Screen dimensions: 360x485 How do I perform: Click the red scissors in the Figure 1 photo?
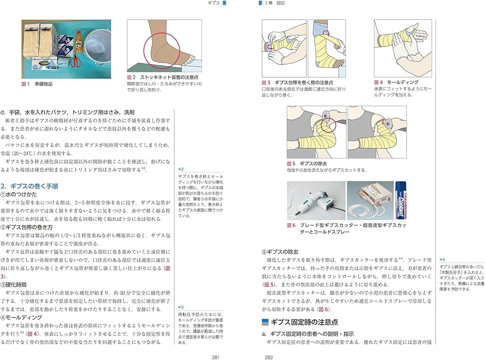click(74, 62)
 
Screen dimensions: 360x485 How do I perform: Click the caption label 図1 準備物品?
click(38, 84)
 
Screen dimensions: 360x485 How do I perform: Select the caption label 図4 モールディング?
click(396, 82)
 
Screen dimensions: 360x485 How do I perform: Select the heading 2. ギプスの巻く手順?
click(30, 186)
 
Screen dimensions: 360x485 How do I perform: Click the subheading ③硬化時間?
click(16, 284)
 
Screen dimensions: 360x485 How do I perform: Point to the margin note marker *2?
click(181, 169)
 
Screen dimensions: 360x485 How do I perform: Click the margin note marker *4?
click(442, 259)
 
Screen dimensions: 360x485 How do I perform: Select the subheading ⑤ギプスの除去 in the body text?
click(280, 251)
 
